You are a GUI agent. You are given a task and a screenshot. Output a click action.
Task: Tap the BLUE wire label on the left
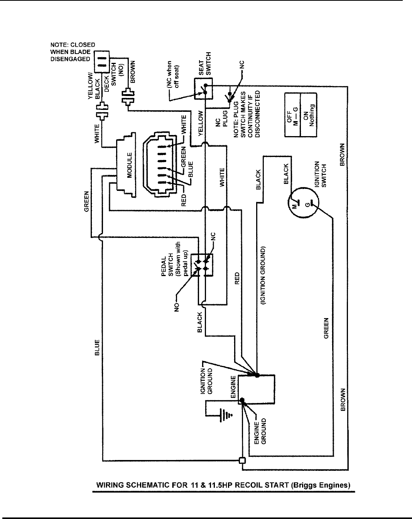tap(97, 347)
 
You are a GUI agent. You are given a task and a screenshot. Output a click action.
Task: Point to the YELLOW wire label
tap(200, 123)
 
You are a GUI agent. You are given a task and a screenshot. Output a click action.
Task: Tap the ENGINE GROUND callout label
tap(261, 431)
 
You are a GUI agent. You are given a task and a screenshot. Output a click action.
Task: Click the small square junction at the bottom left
tap(242, 460)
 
